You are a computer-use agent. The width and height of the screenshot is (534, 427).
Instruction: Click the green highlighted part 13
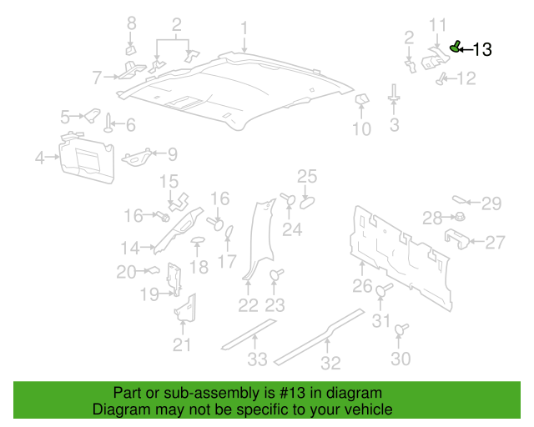(455, 47)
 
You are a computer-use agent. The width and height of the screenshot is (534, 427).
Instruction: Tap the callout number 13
(482, 50)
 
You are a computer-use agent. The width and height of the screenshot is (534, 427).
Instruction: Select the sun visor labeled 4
(87, 158)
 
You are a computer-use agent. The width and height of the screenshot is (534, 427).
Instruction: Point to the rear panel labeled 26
(400, 258)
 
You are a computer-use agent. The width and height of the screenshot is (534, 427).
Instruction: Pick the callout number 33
(257, 359)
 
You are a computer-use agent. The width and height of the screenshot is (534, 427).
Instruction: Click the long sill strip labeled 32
(320, 336)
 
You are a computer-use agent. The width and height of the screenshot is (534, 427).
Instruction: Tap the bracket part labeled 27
(457, 239)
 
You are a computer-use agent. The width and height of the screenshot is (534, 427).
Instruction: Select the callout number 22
(248, 305)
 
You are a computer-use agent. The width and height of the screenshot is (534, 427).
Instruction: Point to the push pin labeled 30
(400, 329)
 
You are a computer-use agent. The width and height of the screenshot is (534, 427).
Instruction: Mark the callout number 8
(132, 23)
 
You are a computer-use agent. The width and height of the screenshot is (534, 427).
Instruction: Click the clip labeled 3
(394, 93)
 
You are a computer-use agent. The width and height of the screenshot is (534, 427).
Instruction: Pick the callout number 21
(182, 345)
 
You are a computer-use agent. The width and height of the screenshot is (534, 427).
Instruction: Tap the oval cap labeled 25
(307, 203)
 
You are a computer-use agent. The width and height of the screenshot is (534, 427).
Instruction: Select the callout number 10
(361, 129)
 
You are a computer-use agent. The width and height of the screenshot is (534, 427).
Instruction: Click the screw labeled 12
(441, 79)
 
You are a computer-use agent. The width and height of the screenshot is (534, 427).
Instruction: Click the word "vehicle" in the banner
(370, 409)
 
